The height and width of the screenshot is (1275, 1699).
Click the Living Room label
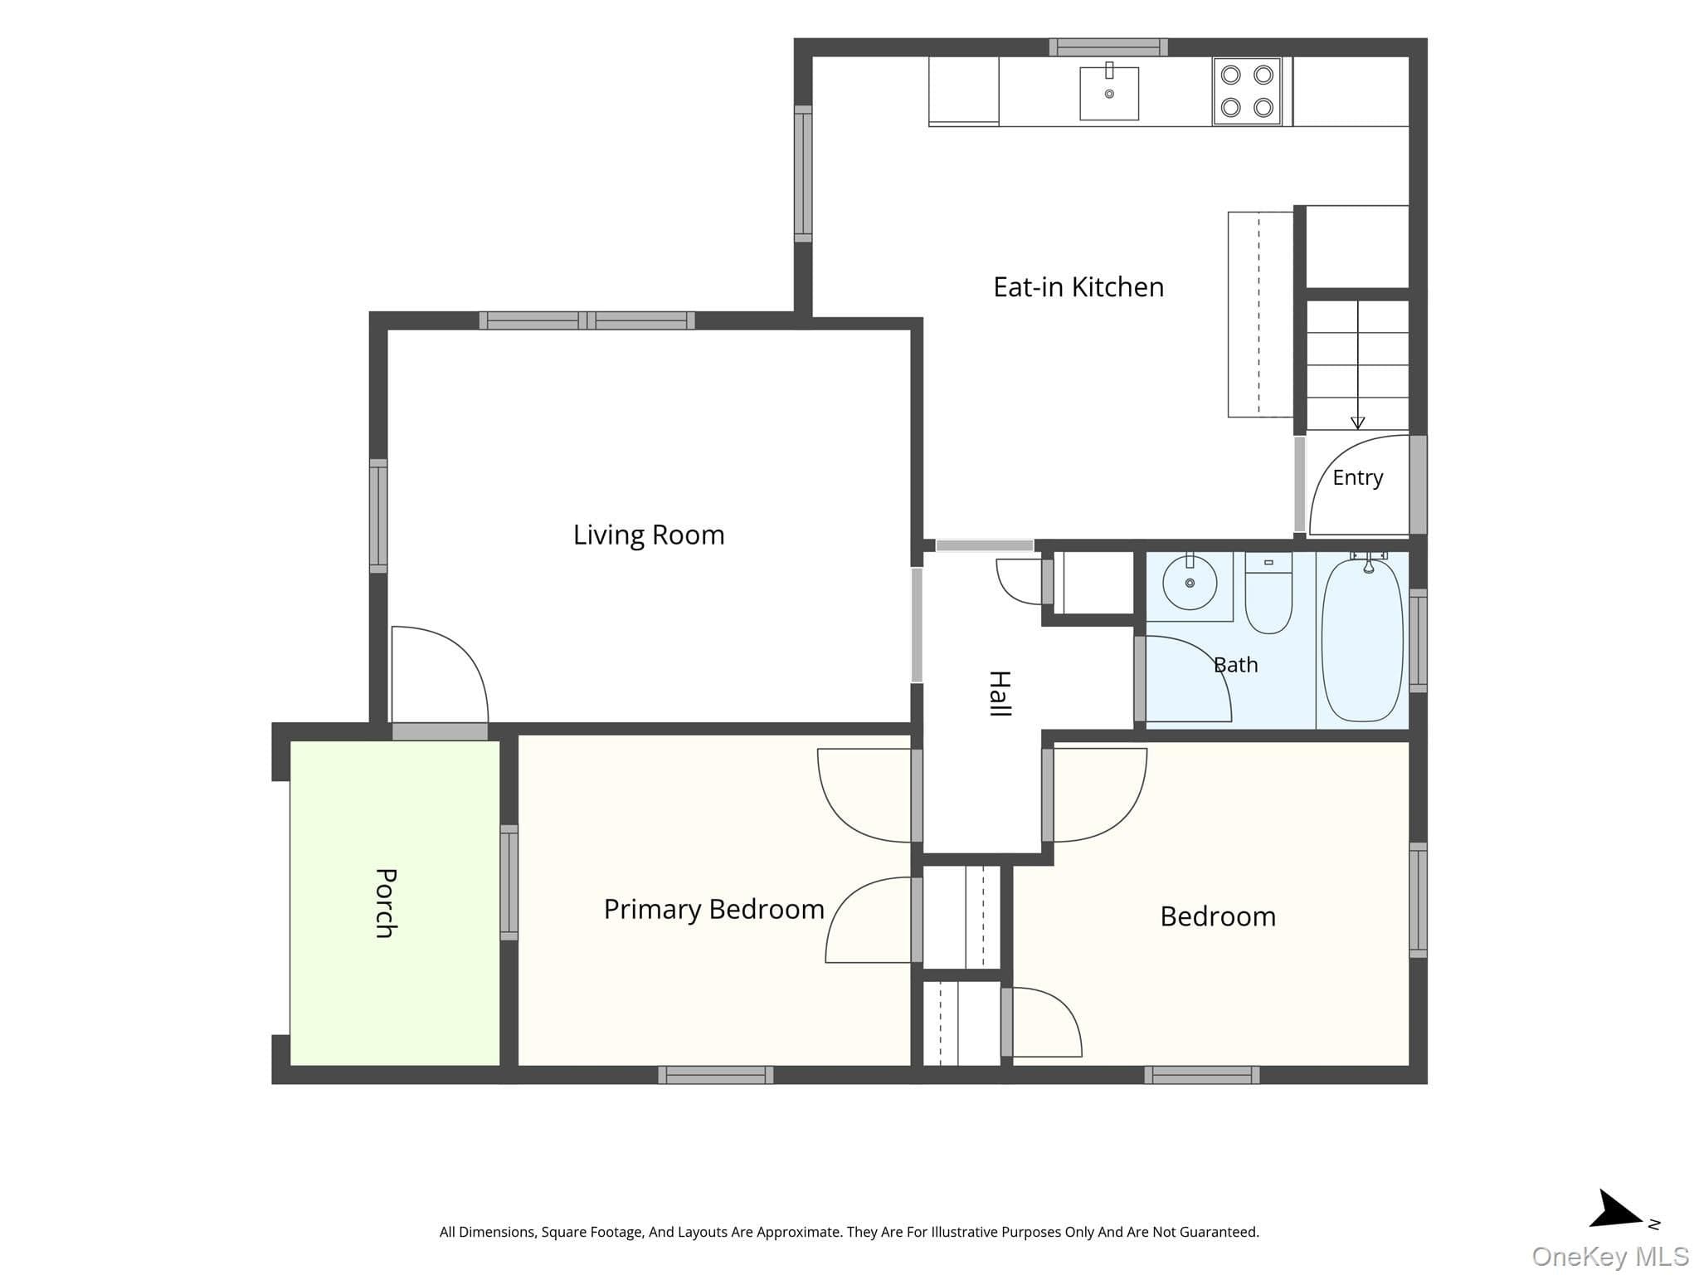[649, 535]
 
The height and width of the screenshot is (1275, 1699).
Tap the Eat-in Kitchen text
[1078, 287]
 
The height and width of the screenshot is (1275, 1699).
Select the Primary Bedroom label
[713, 910]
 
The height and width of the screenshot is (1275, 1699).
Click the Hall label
[1000, 693]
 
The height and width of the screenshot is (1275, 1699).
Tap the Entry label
[1358, 477]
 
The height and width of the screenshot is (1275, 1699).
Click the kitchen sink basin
[1109, 93]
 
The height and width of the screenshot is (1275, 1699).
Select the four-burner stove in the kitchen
[1247, 91]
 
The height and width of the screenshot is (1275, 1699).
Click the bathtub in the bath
[1362, 639]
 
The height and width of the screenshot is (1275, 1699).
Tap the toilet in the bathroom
[1268, 593]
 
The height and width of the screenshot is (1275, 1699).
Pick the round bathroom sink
[1190, 583]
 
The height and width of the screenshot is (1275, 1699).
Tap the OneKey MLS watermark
[1610, 1257]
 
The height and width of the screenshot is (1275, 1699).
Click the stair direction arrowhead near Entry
[1357, 423]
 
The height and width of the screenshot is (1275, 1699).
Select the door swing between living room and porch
[440, 674]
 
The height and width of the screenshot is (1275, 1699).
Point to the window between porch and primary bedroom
[509, 882]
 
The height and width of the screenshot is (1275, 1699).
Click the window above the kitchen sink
[1108, 47]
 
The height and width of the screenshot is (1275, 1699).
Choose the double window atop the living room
[587, 320]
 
